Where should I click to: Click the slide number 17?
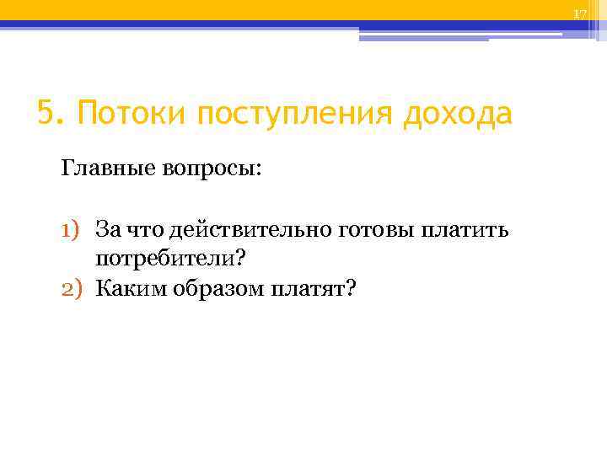pyautogui.click(x=579, y=14)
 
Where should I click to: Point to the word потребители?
pyautogui.click(x=166, y=260)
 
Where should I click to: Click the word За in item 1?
pyautogui.click(x=107, y=229)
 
